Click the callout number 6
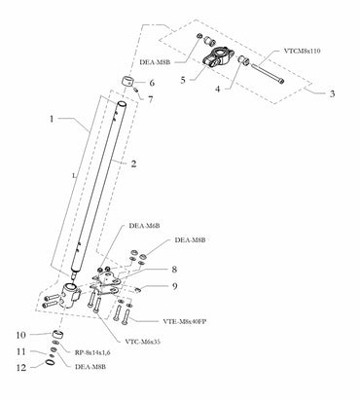(x=151, y=84)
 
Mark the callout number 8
(x=174, y=269)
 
